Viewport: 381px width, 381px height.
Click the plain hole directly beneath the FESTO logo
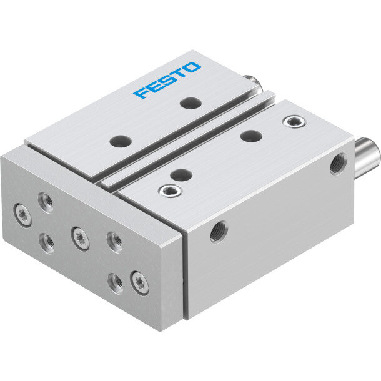tap(191, 103)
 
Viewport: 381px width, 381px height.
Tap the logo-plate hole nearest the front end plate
tap(121, 141)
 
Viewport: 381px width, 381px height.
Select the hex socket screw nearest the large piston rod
tap(294, 122)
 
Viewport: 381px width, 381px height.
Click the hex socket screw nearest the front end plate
tap(170, 190)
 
